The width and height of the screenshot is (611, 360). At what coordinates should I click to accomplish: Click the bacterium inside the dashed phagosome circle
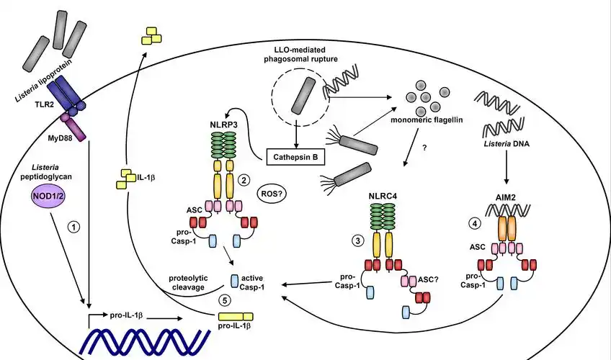pyautogui.click(x=303, y=96)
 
